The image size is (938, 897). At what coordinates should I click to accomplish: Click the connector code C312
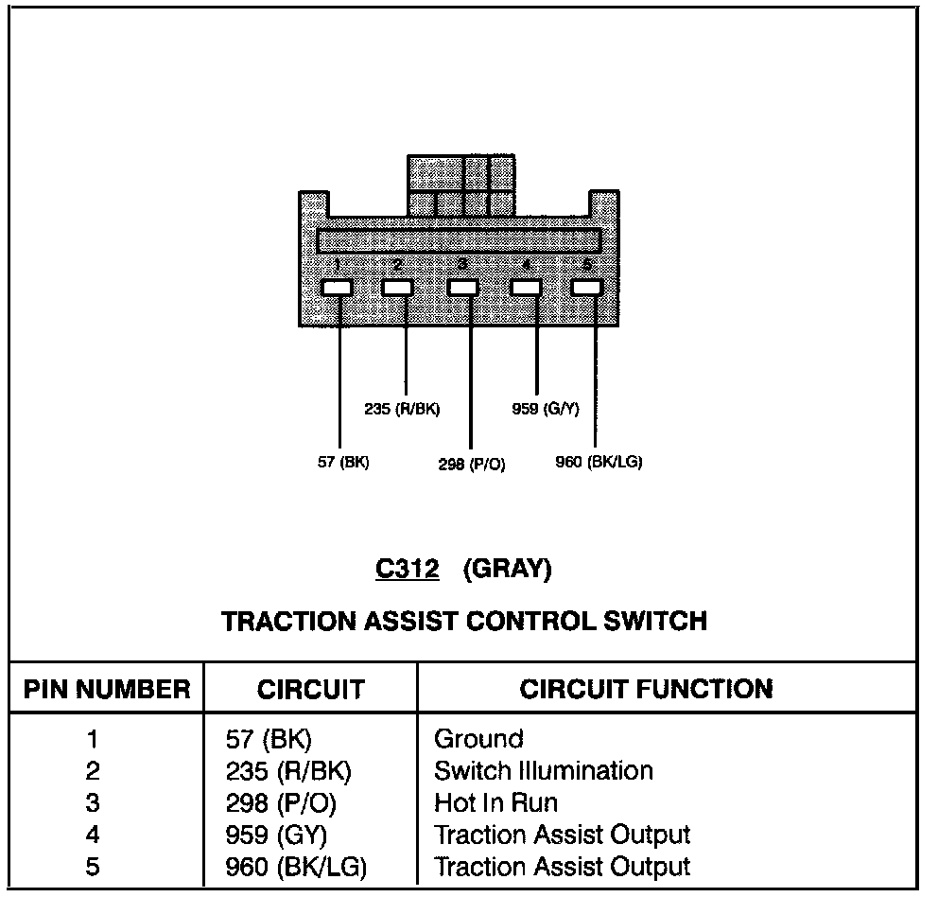(407, 569)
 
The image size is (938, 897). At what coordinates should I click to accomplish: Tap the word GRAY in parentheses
(507, 569)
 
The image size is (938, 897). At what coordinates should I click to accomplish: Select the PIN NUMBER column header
(107, 689)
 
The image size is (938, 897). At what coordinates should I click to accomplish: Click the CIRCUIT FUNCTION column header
(646, 689)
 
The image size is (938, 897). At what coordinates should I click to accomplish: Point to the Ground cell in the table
(478, 739)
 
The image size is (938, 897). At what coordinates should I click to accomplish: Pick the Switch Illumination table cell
(543, 771)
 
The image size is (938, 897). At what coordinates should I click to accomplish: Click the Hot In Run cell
(495, 803)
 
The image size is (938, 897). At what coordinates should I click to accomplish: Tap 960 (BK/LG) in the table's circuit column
(296, 867)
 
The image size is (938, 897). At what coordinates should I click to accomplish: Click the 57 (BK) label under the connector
(343, 463)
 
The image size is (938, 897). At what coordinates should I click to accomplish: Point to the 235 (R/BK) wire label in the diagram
(402, 409)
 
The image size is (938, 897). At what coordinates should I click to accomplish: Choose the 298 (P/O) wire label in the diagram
(471, 465)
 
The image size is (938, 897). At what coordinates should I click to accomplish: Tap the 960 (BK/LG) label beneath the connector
(599, 463)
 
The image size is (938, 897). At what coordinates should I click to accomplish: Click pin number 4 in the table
(93, 835)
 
